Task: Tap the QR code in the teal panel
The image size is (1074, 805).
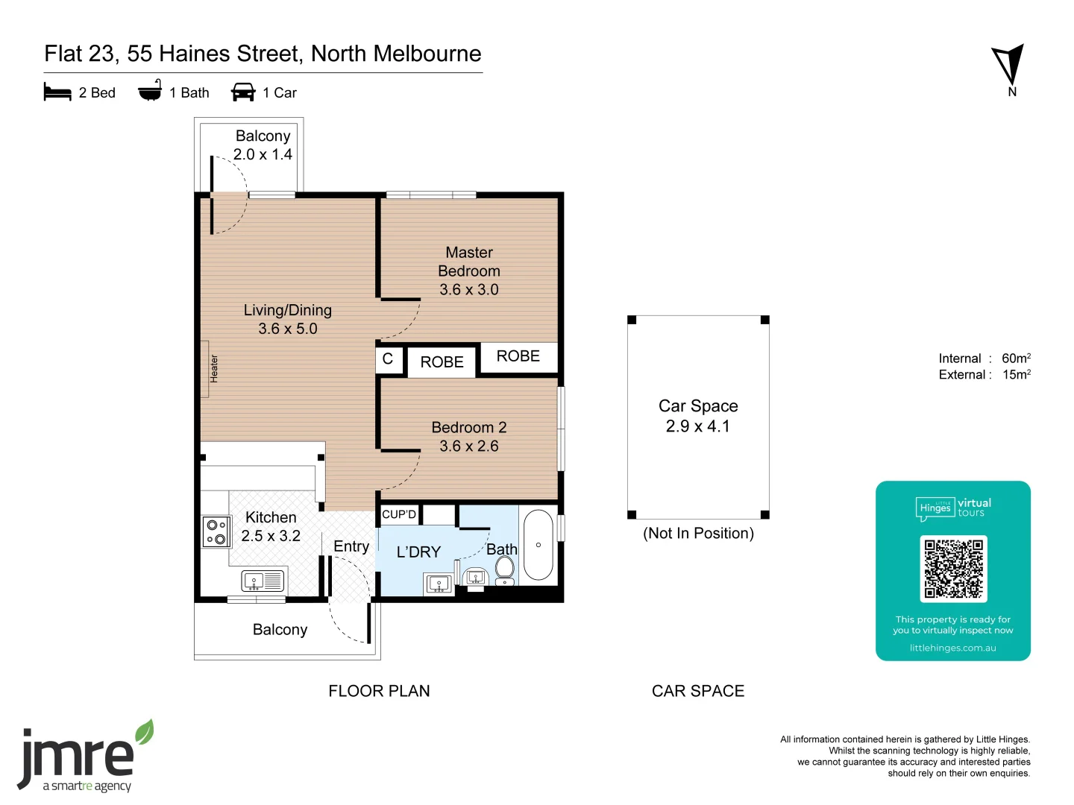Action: (953, 569)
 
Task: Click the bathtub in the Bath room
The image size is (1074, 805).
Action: (538, 544)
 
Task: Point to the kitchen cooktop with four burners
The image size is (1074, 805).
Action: (217, 531)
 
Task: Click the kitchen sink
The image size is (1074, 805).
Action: (263, 581)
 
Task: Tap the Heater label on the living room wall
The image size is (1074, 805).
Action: (214, 368)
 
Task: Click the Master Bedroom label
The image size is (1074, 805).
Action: (468, 262)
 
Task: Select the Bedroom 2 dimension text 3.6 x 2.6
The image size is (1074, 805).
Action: (468, 446)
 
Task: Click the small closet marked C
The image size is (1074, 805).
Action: (389, 360)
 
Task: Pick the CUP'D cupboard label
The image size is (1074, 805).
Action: (399, 514)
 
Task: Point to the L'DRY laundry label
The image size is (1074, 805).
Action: (418, 552)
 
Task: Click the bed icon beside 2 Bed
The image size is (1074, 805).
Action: (57, 92)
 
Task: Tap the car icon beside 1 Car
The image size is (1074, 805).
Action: (243, 92)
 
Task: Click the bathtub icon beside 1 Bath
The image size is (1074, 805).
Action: (150, 90)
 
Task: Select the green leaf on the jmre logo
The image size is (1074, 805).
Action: (145, 732)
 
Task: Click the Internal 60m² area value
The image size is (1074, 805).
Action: (1017, 358)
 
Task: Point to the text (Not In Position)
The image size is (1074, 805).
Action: (698, 533)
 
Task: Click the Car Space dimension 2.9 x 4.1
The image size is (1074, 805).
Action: (698, 426)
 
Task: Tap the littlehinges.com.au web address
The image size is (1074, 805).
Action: (952, 648)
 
